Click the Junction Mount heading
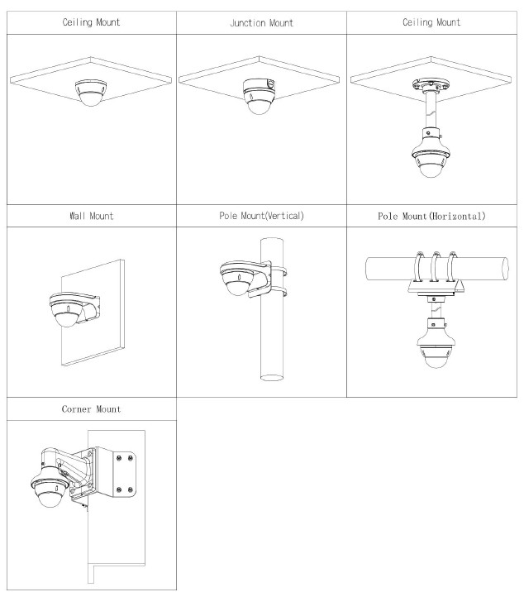262,23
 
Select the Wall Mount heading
92,216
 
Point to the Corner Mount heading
92,409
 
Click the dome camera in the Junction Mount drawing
259,96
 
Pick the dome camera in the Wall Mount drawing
67,309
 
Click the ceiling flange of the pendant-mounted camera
431,85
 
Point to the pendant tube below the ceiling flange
431,110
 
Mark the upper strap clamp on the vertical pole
279,271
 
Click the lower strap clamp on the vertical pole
279,292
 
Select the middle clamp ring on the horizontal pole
436,266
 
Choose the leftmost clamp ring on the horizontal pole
419,266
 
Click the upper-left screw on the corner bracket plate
119,457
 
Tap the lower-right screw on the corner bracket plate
131,490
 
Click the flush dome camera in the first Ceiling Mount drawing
91,93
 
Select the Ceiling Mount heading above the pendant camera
431,22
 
